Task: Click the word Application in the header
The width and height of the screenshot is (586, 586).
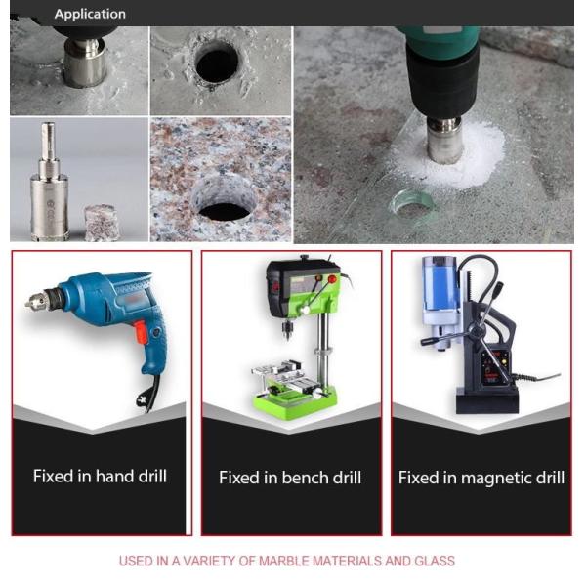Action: pyautogui.click(x=90, y=14)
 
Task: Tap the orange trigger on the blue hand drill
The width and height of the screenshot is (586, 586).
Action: pyautogui.click(x=140, y=331)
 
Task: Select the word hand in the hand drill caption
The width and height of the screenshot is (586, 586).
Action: pyautogui.click(x=114, y=476)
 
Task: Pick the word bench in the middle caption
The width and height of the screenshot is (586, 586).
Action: pyautogui.click(x=304, y=478)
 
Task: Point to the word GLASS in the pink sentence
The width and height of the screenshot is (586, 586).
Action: pyautogui.click(x=435, y=561)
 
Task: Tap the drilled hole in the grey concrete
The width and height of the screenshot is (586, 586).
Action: pyautogui.click(x=217, y=65)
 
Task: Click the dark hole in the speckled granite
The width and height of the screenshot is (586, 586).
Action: pyautogui.click(x=225, y=212)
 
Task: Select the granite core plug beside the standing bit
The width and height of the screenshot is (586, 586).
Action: pyautogui.click(x=102, y=223)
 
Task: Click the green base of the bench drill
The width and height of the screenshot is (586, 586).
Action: pyautogui.click(x=295, y=402)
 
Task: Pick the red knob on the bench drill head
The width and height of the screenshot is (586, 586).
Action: pyautogui.click(x=332, y=279)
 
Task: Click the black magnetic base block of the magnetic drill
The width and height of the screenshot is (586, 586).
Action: pyautogui.click(x=487, y=399)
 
